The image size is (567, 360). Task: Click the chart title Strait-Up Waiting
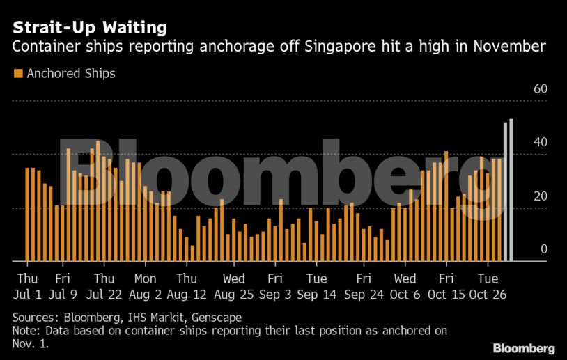click(88, 28)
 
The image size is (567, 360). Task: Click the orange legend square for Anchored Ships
click(18, 73)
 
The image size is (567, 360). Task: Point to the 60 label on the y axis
click(541, 89)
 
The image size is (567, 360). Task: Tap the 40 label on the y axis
click(541, 142)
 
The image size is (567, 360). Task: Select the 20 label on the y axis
click(541, 196)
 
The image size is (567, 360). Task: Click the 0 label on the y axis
click(544, 249)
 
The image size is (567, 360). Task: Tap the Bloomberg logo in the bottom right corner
click(523, 347)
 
